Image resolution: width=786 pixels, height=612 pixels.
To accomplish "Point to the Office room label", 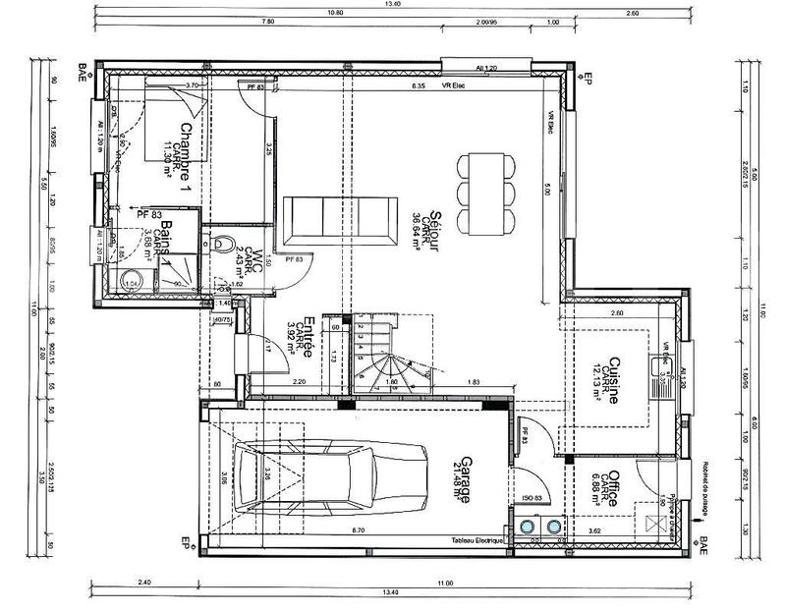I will pos(612,488).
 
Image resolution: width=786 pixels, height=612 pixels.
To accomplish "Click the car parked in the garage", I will pos(330,478).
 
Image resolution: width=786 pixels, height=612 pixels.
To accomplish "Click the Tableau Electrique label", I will pos(477,541).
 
